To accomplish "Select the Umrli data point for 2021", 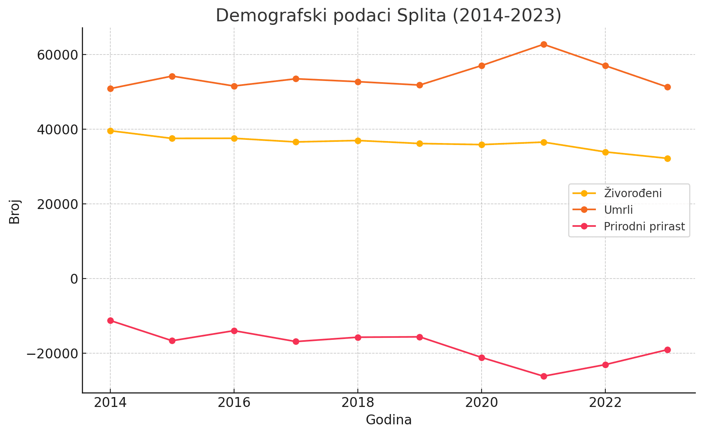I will click(x=544, y=44).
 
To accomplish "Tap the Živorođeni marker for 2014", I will click(x=110, y=131).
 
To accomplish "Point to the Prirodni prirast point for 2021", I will click(x=544, y=376).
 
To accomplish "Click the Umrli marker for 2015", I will click(x=172, y=76).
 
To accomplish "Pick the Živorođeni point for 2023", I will click(x=667, y=158).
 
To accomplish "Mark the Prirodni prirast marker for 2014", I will click(x=110, y=320).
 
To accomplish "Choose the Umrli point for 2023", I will click(x=667, y=87).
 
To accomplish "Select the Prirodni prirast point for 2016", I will click(x=234, y=331).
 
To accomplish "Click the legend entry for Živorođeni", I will click(x=633, y=193).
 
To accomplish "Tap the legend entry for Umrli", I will click(x=618, y=210).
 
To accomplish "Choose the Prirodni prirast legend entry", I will click(x=644, y=226).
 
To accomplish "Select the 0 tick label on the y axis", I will click(x=74, y=279).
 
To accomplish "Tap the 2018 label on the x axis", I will click(x=357, y=403).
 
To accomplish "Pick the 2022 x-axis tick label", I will click(x=605, y=403).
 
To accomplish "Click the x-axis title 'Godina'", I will click(x=389, y=420).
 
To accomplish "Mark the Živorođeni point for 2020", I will click(x=482, y=145).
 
